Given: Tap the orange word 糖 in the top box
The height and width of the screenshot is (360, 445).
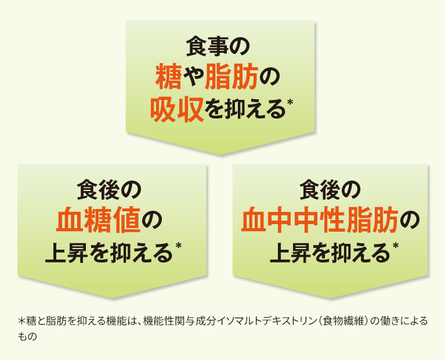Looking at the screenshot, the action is (x=168, y=76).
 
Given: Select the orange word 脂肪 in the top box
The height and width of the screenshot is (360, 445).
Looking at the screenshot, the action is (x=231, y=76).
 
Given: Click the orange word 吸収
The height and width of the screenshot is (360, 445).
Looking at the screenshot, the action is (x=177, y=110).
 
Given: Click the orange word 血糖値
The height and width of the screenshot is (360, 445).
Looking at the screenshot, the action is (x=99, y=220).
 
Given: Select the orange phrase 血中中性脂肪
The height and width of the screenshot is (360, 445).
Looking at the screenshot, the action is (x=320, y=220).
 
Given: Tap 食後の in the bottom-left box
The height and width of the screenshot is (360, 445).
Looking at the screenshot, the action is (x=109, y=189).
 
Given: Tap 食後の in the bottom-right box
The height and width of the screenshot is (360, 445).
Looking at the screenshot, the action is (x=330, y=189).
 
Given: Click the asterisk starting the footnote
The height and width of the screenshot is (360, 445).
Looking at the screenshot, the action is (x=22, y=321).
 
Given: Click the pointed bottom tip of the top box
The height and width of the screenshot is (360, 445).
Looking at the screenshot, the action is (x=220, y=154).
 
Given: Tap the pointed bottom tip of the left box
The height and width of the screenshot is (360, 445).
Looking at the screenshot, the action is (x=112, y=298).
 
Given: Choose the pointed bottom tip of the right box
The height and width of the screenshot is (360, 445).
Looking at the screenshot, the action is (x=330, y=298).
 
